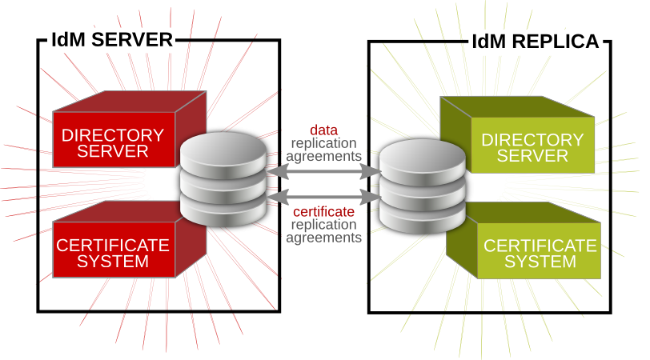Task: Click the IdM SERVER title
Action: click(111, 40)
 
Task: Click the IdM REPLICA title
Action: click(536, 42)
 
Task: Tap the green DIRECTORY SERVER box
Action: click(532, 146)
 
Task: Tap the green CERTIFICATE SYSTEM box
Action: click(541, 252)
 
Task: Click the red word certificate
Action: click(323, 211)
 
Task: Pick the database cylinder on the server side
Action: click(223, 180)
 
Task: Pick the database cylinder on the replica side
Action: click(422, 185)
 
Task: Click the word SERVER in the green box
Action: click(532, 155)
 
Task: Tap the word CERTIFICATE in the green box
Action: click(541, 245)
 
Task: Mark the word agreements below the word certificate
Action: click(323, 238)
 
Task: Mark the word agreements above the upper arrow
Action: click(323, 155)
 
